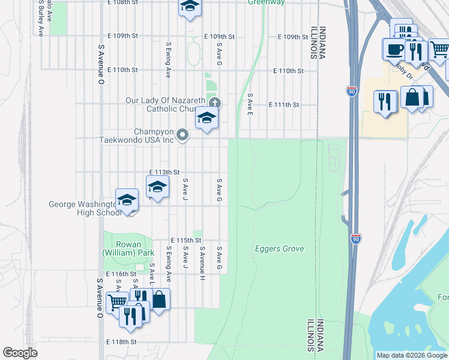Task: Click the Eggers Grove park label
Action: (x=279, y=248)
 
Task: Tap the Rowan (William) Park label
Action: (x=128, y=248)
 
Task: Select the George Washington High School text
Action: (x=84, y=208)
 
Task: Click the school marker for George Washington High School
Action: (x=127, y=200)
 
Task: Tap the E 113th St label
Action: (x=164, y=172)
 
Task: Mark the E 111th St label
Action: (x=284, y=104)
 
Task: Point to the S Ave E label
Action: (x=250, y=104)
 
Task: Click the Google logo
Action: (x=20, y=353)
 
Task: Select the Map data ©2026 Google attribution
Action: (x=412, y=355)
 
